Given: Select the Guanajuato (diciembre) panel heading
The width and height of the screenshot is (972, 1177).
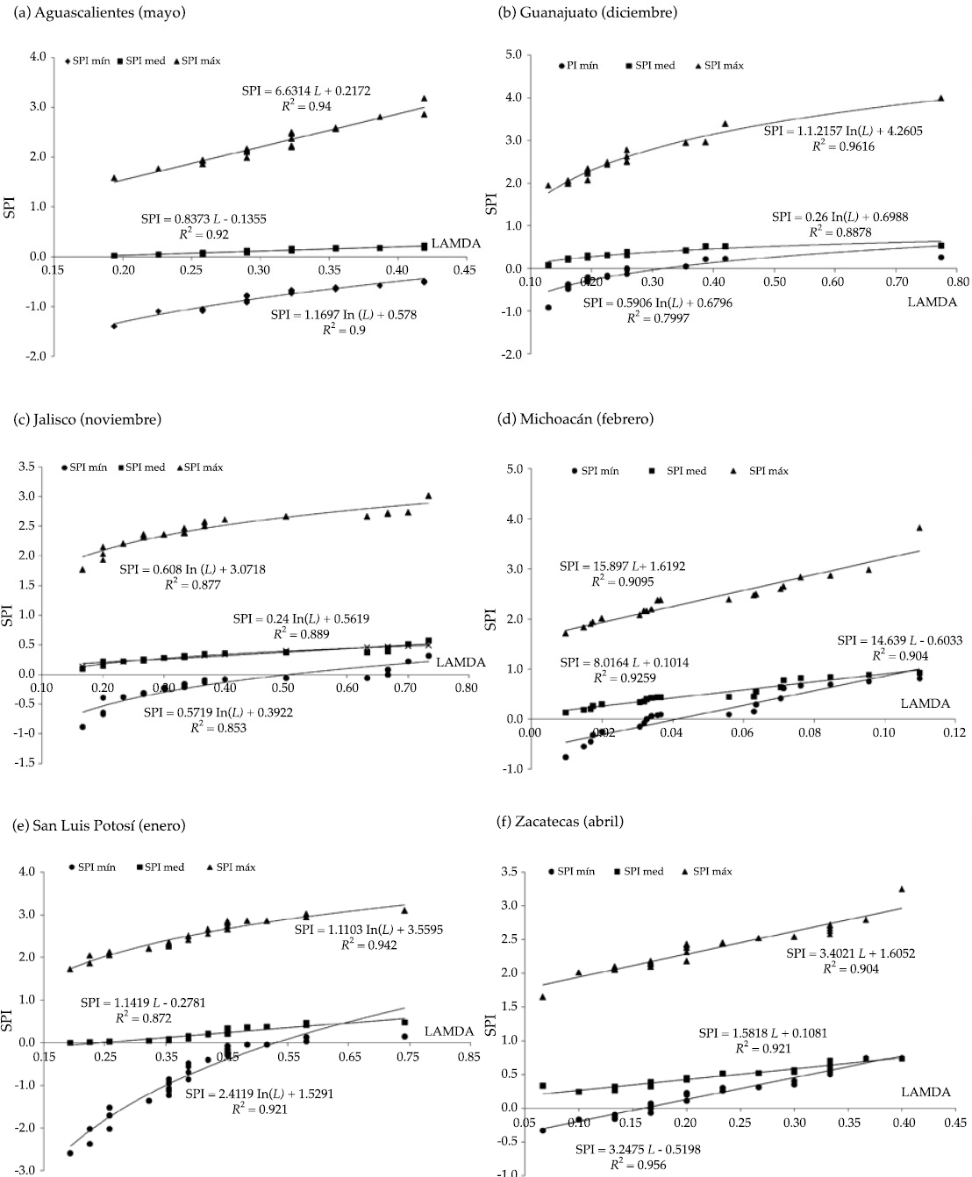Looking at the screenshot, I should coord(588,12).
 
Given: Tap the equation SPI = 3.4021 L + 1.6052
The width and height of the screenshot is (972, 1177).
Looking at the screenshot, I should coord(851,952).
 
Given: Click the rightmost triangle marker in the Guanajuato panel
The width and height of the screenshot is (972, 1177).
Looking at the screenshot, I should coord(941,98).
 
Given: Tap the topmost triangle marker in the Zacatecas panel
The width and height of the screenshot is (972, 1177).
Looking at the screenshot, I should coord(901,889).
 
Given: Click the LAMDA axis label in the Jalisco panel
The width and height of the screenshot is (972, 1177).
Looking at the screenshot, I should coord(461,661).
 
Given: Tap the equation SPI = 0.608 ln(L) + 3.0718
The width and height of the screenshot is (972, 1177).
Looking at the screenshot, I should coord(192,569).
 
